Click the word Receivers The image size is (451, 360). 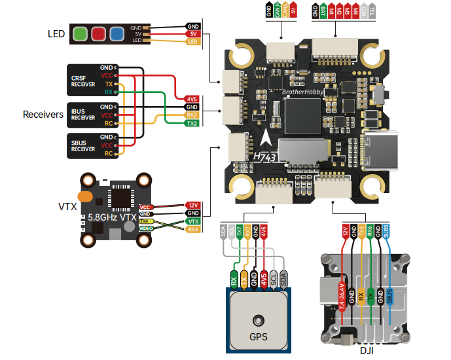[43, 115]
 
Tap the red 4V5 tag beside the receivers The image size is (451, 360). [191, 98]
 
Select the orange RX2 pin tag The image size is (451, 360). [191, 115]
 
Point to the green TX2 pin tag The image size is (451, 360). [191, 123]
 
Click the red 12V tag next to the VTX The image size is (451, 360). [192, 205]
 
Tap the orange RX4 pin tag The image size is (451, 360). [192, 230]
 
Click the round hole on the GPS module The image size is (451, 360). [259, 320]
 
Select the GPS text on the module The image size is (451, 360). [258, 340]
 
